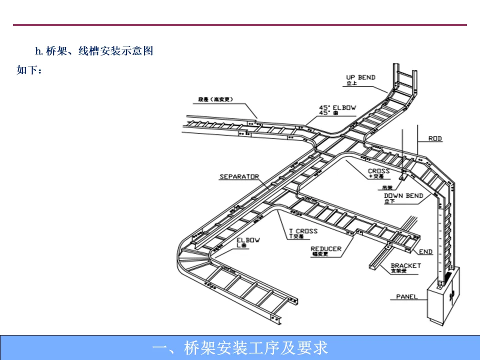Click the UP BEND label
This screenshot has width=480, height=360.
(360, 78)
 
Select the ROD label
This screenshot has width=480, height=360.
(435, 138)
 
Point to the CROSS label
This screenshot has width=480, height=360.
(378, 171)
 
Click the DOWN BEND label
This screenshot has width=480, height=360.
(403, 196)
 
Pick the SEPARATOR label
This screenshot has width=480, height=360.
(239, 176)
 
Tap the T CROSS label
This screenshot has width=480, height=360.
(303, 231)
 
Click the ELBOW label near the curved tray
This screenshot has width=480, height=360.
(248, 240)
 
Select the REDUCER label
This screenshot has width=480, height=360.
(325, 249)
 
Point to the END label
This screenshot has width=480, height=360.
(426, 251)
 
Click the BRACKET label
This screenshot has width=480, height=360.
(405, 266)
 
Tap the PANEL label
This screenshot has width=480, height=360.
(406, 296)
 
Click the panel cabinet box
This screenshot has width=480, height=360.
(443, 297)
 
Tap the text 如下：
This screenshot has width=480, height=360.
(29, 70)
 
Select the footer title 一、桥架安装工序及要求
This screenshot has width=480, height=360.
(240, 347)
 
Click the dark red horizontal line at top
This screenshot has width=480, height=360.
(240, 25)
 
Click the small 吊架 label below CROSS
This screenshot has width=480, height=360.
(388, 187)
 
